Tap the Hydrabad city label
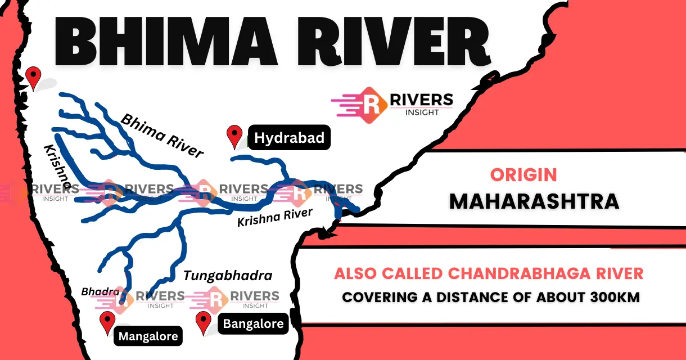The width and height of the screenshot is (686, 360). [x=289, y=138]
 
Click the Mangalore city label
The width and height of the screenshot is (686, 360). [x=148, y=336]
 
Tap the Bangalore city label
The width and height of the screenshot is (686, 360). [x=252, y=323]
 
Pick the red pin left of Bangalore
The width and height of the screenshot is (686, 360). [x=203, y=323]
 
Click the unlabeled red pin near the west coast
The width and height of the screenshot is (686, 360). [x=34, y=78]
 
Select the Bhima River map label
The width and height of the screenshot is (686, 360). [x=163, y=136]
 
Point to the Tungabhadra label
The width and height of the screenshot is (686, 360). [x=228, y=276]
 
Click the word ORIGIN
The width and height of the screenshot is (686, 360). [x=523, y=174]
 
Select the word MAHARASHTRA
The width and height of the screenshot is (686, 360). [x=534, y=201]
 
